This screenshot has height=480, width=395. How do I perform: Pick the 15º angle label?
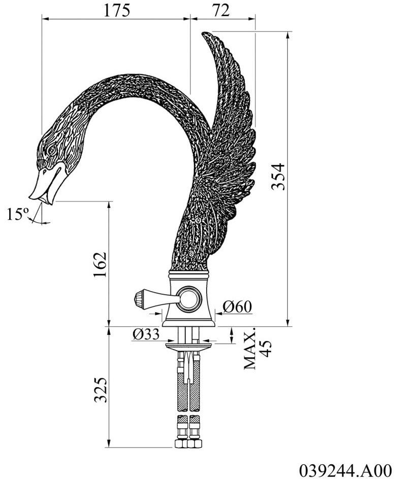[18, 215]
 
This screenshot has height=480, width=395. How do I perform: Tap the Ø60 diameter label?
[237, 307]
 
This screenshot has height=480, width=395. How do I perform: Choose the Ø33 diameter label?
[146, 334]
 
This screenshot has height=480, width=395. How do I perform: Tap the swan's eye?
[51, 150]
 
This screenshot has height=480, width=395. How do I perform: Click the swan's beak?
[43, 187]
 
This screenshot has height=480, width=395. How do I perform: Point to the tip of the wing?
[204, 35]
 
